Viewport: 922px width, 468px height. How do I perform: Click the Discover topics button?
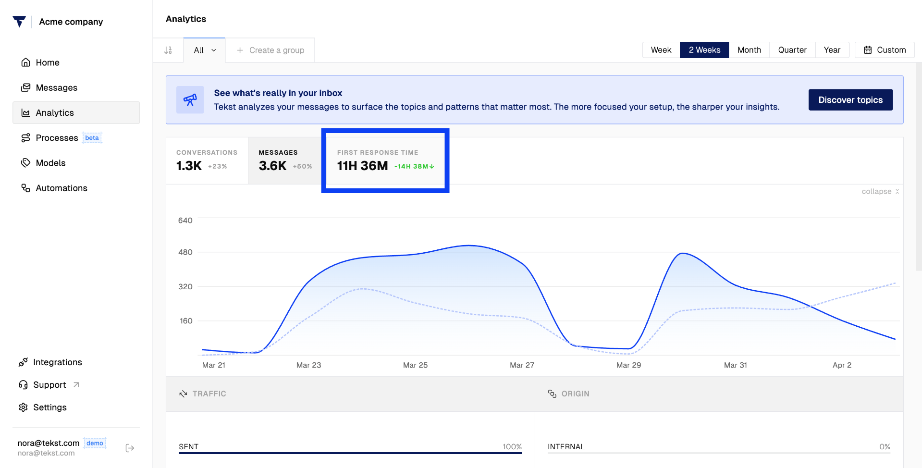coord(850,100)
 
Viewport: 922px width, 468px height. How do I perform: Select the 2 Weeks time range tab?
coord(704,50)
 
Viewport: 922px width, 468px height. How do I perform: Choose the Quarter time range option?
coord(792,50)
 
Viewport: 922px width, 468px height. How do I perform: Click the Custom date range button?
coord(885,50)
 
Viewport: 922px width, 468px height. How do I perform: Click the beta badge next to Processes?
coord(92,138)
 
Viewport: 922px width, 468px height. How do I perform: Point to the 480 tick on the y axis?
coord(185,252)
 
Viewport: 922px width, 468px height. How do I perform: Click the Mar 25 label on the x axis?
coord(415,365)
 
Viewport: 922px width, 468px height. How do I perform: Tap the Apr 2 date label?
coord(842,365)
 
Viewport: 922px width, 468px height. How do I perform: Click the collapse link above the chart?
coord(880,191)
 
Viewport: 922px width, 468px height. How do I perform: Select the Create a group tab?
coord(270,50)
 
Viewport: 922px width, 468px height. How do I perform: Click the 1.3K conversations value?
coord(189,166)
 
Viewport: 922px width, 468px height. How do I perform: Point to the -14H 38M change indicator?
coord(414,166)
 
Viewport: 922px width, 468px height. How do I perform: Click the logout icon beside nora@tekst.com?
coord(130,448)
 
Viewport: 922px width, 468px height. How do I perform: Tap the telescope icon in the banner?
coord(190,100)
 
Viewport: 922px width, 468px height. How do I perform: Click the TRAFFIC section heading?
coord(209,394)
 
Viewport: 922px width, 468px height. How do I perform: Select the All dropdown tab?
coord(205,50)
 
